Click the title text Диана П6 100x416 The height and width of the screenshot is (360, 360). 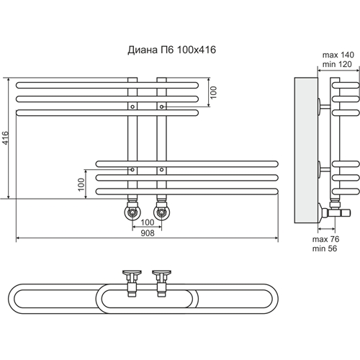click(x=171, y=50)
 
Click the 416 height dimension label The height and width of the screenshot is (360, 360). click(x=5, y=138)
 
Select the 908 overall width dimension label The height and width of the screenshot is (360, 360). click(x=148, y=233)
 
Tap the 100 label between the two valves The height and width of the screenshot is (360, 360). click(x=148, y=222)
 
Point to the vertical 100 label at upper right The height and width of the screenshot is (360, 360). click(x=213, y=92)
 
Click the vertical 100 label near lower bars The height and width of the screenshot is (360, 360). click(x=81, y=184)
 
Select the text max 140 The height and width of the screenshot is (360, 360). click(x=338, y=55)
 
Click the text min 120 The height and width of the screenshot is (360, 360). click(x=337, y=64)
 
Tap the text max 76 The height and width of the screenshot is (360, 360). click(x=325, y=239)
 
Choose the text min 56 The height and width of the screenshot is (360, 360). click(x=325, y=248)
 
